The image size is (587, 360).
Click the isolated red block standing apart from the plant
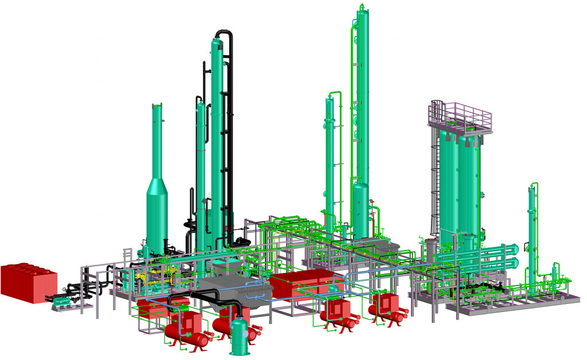coord(29,280)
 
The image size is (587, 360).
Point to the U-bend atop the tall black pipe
coord(225,36)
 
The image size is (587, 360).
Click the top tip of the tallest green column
coord(361,6)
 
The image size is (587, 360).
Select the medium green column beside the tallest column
coord(330,161)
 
